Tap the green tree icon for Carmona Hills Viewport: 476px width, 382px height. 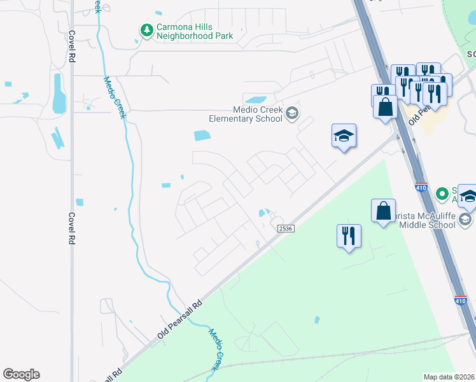point(147,30)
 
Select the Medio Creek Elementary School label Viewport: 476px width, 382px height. point(246,113)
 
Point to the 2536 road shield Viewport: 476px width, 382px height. point(284,228)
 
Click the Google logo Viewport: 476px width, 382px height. point(21,374)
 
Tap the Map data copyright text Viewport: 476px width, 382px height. point(449,377)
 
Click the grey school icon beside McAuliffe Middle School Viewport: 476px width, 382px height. point(465,220)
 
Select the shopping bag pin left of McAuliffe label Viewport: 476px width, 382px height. point(384,211)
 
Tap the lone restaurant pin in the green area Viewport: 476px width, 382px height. point(349,236)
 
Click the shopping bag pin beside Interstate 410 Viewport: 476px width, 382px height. point(386,106)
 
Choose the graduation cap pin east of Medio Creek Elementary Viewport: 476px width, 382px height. point(344,136)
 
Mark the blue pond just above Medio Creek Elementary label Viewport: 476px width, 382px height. point(256,100)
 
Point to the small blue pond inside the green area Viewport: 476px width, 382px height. point(316,320)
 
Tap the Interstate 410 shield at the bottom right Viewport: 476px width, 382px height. point(460,301)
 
